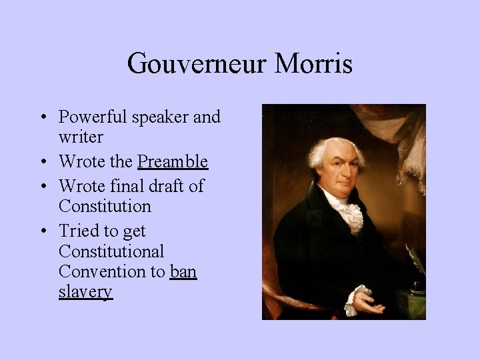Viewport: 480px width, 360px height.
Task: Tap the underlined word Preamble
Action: pyautogui.click(x=173, y=162)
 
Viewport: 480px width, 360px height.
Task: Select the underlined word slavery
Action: pyautogui.click(x=85, y=292)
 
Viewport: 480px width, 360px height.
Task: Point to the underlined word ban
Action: pyautogui.click(x=183, y=272)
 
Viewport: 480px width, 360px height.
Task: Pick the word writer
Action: pyautogui.click(x=81, y=137)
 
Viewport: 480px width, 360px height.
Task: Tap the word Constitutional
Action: pyautogui.click(x=111, y=251)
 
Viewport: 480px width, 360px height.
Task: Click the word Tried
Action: pyautogui.click(x=78, y=231)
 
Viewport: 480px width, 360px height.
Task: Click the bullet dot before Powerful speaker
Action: pyautogui.click(x=43, y=118)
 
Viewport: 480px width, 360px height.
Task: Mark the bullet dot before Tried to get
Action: pyautogui.click(x=43, y=232)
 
